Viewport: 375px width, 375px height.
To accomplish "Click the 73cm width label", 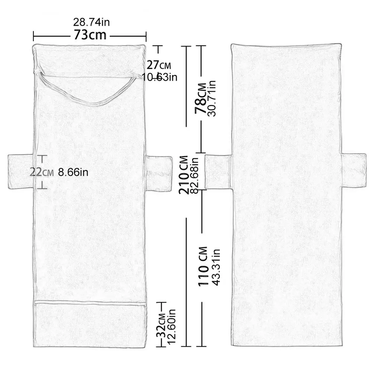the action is click(x=90, y=35).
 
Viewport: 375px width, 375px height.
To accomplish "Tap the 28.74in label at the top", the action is click(x=91, y=22).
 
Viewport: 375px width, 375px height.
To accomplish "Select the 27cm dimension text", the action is click(x=159, y=65).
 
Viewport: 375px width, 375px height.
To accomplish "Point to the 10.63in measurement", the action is click(x=160, y=77).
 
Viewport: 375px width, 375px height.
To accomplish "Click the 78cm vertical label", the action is click(x=200, y=98).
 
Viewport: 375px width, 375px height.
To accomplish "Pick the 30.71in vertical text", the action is click(x=212, y=98).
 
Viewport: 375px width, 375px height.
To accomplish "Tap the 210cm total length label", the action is click(x=184, y=175).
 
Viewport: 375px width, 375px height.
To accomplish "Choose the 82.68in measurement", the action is click(x=195, y=176).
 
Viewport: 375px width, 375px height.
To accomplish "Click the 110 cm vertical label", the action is click(x=203, y=266).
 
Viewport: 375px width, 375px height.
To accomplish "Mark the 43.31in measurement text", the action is click(x=216, y=267).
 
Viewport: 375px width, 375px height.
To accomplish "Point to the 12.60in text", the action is click(x=172, y=326).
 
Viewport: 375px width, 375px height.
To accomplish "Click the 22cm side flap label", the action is click(x=42, y=172).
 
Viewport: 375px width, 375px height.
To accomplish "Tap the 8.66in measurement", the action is click(x=73, y=172).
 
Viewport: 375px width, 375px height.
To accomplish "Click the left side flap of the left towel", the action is click(x=20, y=172).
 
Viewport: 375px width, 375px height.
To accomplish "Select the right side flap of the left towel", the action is click(x=159, y=174).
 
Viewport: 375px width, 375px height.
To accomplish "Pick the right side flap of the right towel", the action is click(x=353, y=170).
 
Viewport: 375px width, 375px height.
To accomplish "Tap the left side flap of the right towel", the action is click(x=218, y=172).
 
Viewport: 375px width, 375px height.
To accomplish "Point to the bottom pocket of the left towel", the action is click(x=90, y=324).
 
